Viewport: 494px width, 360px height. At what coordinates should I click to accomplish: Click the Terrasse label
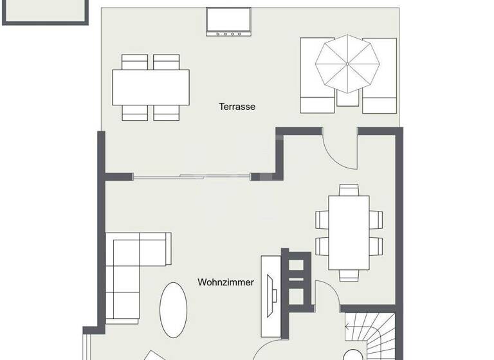pyautogui.click(x=237, y=107)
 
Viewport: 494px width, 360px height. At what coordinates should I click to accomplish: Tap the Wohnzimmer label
pyautogui.click(x=226, y=282)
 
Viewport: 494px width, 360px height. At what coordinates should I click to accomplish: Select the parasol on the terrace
pyautogui.click(x=347, y=64)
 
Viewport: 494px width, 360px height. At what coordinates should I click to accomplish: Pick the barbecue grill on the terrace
pyautogui.click(x=228, y=22)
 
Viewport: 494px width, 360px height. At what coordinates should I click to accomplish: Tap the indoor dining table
pyautogui.click(x=349, y=232)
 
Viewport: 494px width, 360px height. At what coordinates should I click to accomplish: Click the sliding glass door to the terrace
pyautogui.click(x=193, y=176)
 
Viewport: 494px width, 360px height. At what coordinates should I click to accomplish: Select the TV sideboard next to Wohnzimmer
pyautogui.click(x=270, y=296)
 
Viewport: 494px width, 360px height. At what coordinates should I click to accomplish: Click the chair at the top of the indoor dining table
pyautogui.click(x=349, y=190)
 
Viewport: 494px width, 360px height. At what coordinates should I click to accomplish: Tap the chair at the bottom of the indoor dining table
pyautogui.click(x=349, y=274)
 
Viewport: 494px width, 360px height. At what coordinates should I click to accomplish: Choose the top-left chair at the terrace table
pyautogui.click(x=135, y=62)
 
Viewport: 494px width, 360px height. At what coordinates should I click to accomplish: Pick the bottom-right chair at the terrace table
pyautogui.click(x=167, y=113)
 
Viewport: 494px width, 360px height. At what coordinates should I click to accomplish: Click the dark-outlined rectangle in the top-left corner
pyautogui.click(x=45, y=12)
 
